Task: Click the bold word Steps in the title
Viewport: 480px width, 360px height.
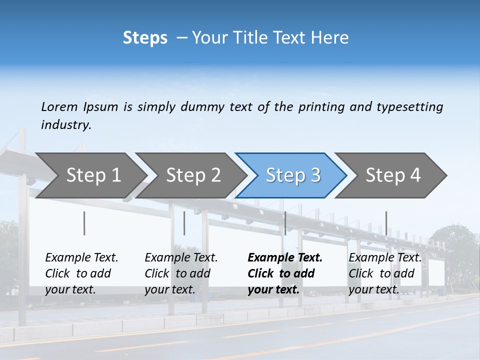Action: [x=145, y=37]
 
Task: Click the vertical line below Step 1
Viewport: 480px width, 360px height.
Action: [x=84, y=223]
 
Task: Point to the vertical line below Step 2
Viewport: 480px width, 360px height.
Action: [x=184, y=223]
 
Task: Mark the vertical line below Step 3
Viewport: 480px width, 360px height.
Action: [x=285, y=223]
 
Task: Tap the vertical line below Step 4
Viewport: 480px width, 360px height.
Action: [x=386, y=223]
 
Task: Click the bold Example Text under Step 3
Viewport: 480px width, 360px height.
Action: [x=285, y=258]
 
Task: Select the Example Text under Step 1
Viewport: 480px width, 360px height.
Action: [x=81, y=258]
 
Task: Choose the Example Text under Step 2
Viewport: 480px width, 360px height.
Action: [x=181, y=258]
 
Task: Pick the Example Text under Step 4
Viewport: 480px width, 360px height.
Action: [x=385, y=258]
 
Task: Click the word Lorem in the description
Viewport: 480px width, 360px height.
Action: [x=59, y=106]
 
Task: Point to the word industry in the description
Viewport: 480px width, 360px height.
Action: [x=66, y=124]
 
